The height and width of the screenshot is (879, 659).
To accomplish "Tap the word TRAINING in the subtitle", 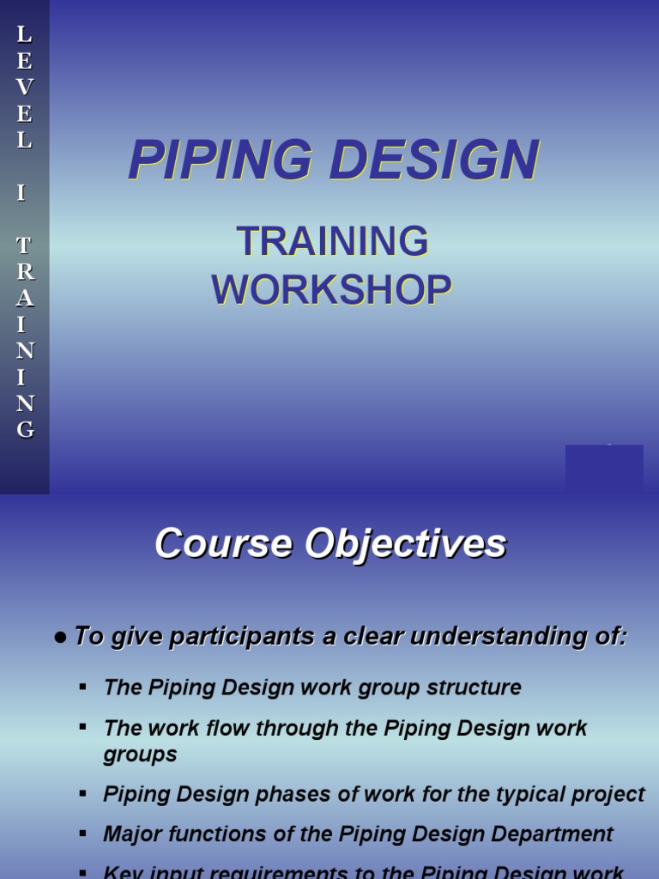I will pos(332,243).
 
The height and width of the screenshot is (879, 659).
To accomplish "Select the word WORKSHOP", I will pos(332,290).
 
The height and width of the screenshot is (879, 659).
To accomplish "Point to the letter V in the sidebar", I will pos(25,88).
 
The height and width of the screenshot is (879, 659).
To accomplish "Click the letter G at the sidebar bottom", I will pos(25,429).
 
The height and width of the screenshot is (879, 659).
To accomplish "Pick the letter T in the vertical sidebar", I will pos(25,246).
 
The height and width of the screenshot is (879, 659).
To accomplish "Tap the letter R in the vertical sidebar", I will pos(25,272).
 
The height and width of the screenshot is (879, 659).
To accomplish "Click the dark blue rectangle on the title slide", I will pos(604,467).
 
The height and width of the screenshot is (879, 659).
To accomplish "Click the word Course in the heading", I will pos(218,544).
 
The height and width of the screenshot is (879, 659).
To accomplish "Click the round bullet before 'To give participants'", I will pos(60,638).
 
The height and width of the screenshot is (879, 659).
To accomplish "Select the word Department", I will pos(556,834).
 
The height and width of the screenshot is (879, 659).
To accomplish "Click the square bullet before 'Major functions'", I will pos(82,833).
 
